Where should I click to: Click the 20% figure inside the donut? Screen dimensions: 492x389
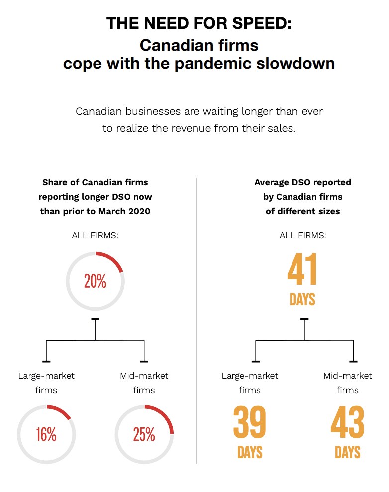tap(95, 281)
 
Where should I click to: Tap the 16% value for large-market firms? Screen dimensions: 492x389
tap(46, 434)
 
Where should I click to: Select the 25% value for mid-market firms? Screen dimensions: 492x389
tap(144, 434)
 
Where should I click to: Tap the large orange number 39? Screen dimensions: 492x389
tap(250, 423)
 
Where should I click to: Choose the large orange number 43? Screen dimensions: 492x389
tap(347, 423)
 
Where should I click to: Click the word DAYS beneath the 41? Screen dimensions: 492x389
tap(302, 299)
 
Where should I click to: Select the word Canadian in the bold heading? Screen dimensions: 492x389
tap(172, 45)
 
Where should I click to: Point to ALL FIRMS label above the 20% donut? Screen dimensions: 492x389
tap(95, 235)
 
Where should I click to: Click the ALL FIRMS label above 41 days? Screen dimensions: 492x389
tap(302, 235)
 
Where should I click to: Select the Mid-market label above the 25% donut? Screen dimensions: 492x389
tap(144, 376)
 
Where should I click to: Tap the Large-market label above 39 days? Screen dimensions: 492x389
tap(250, 376)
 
